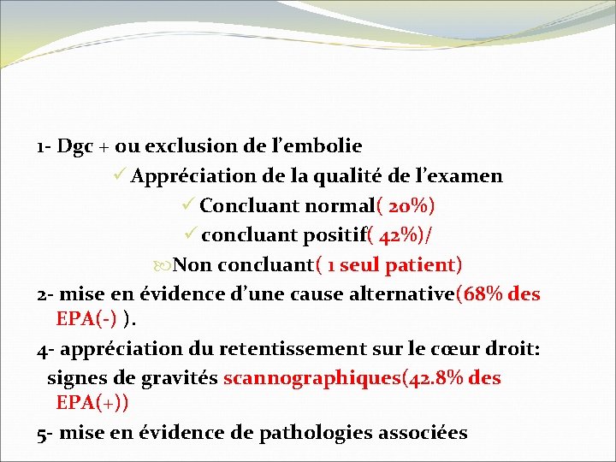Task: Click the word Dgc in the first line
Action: pos(74,146)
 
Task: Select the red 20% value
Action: pos(410,206)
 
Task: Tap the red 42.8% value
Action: pos(434,378)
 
